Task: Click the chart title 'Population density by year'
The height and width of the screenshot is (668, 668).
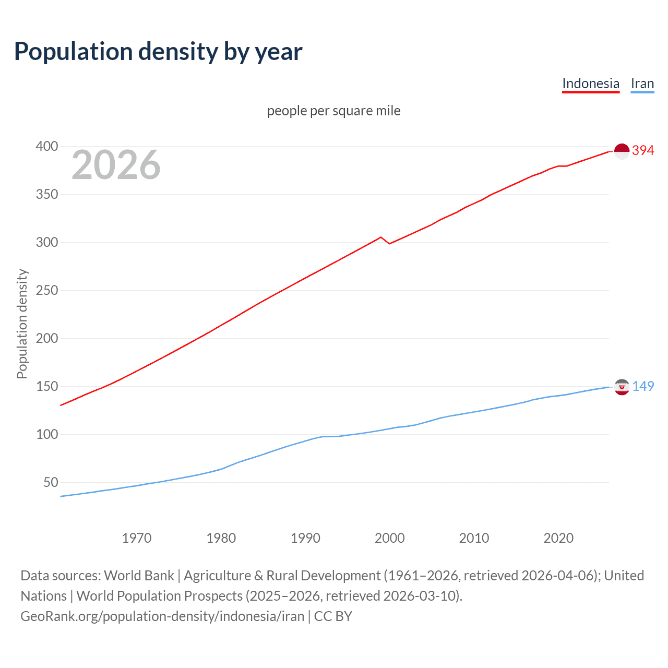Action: (x=158, y=52)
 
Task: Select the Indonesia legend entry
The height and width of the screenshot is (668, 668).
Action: (x=590, y=83)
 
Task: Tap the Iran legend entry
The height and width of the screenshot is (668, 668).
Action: (x=642, y=83)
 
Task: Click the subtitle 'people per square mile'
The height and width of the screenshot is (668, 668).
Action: (x=333, y=111)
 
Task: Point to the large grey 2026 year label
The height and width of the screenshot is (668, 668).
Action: (x=116, y=165)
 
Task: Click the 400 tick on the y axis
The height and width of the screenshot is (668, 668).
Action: (x=46, y=146)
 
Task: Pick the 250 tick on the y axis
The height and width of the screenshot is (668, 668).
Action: (x=46, y=290)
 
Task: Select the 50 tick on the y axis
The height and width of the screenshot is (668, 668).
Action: (x=51, y=482)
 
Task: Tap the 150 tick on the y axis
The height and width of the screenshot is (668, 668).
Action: (x=46, y=386)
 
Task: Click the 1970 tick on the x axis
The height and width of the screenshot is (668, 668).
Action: (x=137, y=538)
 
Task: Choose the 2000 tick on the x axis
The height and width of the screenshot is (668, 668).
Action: (x=389, y=538)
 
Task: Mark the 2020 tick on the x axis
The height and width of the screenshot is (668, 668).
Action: (x=558, y=538)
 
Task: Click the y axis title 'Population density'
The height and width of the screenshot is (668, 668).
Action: (x=22, y=324)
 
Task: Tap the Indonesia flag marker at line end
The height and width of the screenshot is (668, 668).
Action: (x=622, y=151)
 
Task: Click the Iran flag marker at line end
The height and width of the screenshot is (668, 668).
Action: (x=622, y=387)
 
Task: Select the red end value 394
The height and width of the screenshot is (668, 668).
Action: (x=643, y=150)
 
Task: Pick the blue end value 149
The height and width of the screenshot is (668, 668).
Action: (x=643, y=386)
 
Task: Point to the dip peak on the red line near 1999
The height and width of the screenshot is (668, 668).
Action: (x=381, y=237)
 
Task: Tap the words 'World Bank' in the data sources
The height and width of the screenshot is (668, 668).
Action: (x=139, y=576)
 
